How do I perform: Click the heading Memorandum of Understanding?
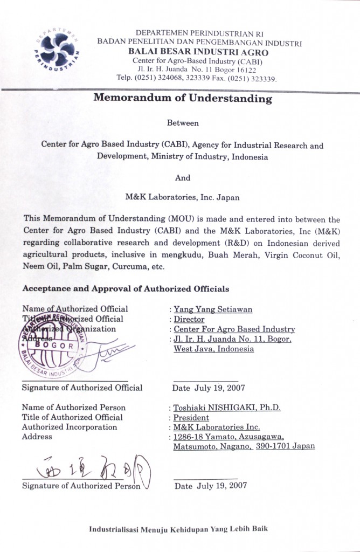pos(183,99)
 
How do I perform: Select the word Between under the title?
pos(183,123)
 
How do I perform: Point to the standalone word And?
pos(183,177)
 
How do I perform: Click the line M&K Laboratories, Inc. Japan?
pos(182,197)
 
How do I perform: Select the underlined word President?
pos(191,417)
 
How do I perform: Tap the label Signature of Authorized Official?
pos(82,388)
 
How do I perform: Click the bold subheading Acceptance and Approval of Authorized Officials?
pos(126,289)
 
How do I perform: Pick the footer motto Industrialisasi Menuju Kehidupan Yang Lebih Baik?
pos(178,529)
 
